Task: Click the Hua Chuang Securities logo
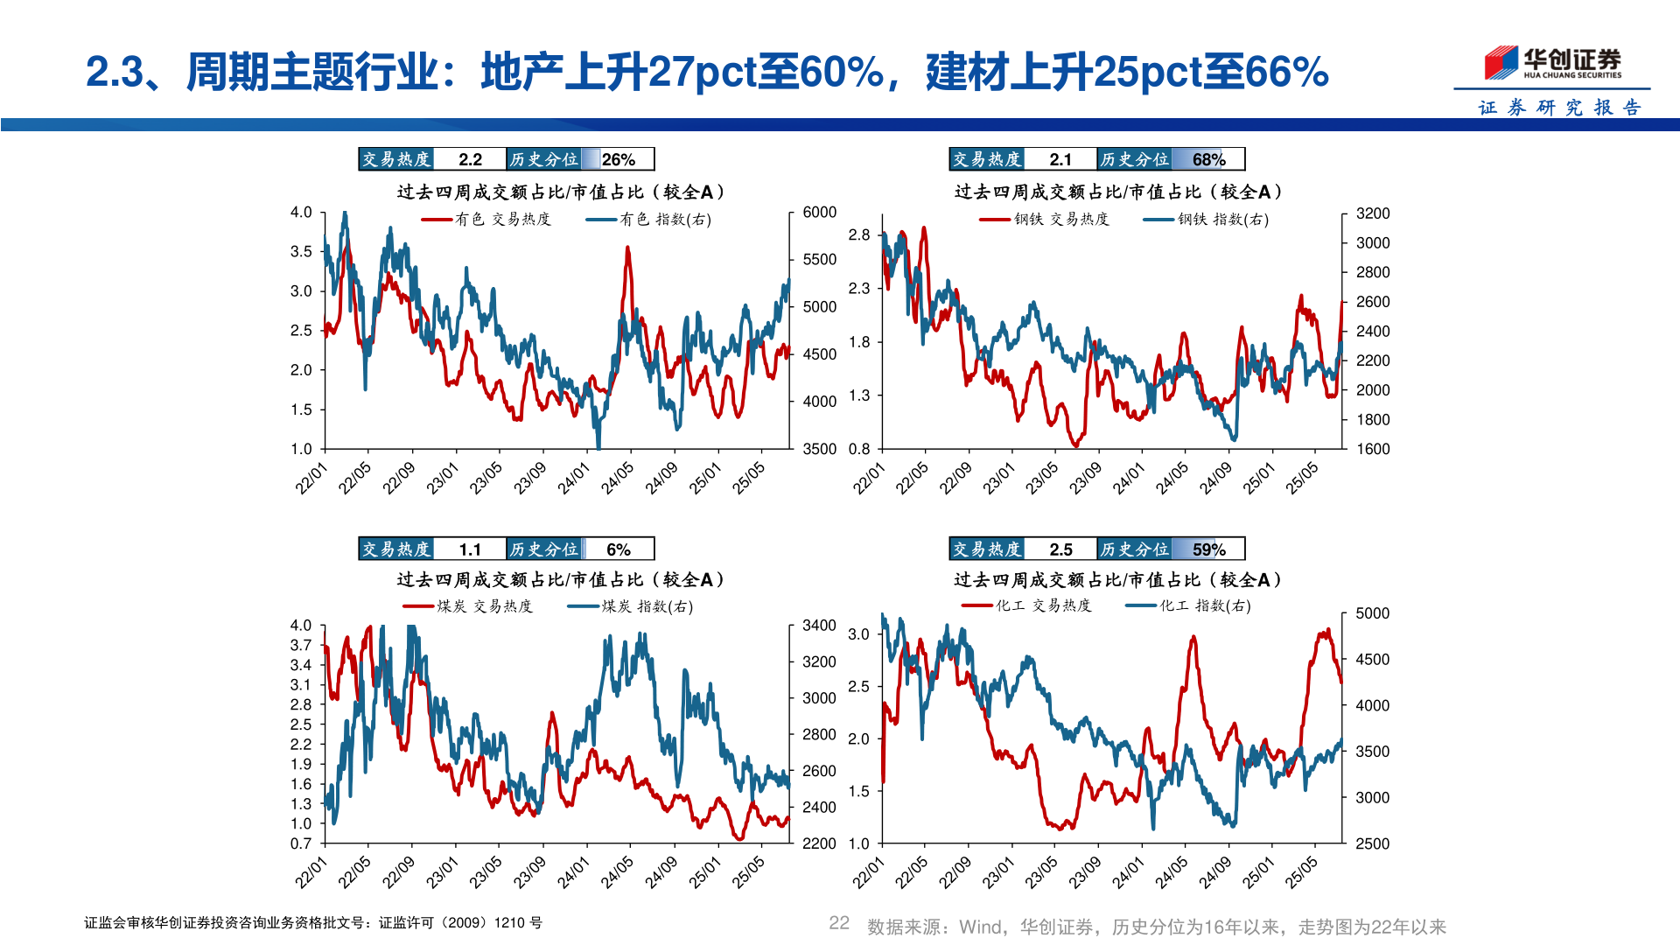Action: [1552, 63]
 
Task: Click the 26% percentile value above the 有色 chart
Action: [618, 159]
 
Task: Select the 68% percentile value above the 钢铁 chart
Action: [1208, 159]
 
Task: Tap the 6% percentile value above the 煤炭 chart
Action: [618, 549]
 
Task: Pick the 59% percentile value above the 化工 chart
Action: [1208, 549]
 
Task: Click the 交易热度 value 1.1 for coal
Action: [470, 549]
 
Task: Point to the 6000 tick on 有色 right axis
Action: [819, 213]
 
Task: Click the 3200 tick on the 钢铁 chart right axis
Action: [1372, 213]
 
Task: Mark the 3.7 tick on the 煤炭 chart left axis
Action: [301, 646]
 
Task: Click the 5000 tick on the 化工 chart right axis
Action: [1372, 613]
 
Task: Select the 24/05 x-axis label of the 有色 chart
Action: [618, 478]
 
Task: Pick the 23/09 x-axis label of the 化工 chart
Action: [1085, 872]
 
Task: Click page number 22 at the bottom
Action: [839, 923]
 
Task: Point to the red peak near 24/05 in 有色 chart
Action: [627, 249]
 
